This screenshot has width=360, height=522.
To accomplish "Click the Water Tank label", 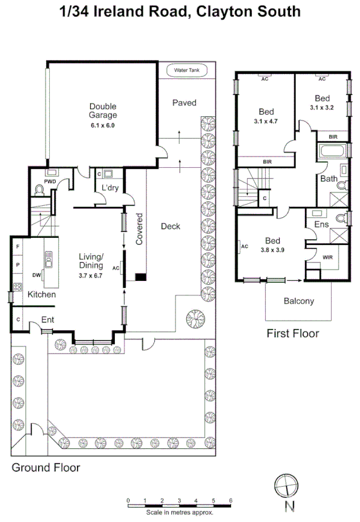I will (186, 71).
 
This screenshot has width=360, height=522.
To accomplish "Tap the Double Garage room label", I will (103, 110).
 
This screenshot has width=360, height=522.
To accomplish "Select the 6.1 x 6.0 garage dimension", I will (103, 126).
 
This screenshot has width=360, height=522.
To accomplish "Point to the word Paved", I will (184, 103).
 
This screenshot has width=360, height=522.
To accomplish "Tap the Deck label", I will (170, 226).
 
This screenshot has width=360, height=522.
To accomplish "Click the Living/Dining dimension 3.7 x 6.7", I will (90, 276).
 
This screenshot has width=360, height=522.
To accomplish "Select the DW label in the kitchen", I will (37, 275).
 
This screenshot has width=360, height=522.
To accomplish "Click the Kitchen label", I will (41, 294).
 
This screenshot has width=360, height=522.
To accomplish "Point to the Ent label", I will (47, 320).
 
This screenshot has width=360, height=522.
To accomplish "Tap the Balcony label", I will (299, 301).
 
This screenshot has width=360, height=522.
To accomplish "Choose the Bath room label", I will (328, 179).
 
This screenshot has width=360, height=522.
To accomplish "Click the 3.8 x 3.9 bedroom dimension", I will (272, 250).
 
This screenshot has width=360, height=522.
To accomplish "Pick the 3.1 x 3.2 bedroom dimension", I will (321, 108).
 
